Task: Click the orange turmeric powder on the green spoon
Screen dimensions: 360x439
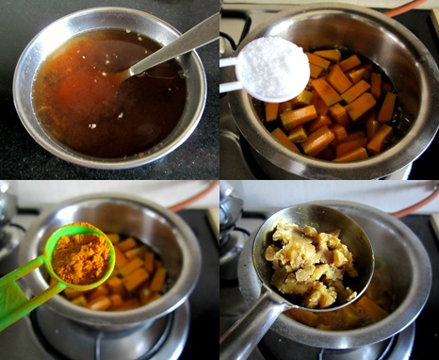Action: (79, 254)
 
